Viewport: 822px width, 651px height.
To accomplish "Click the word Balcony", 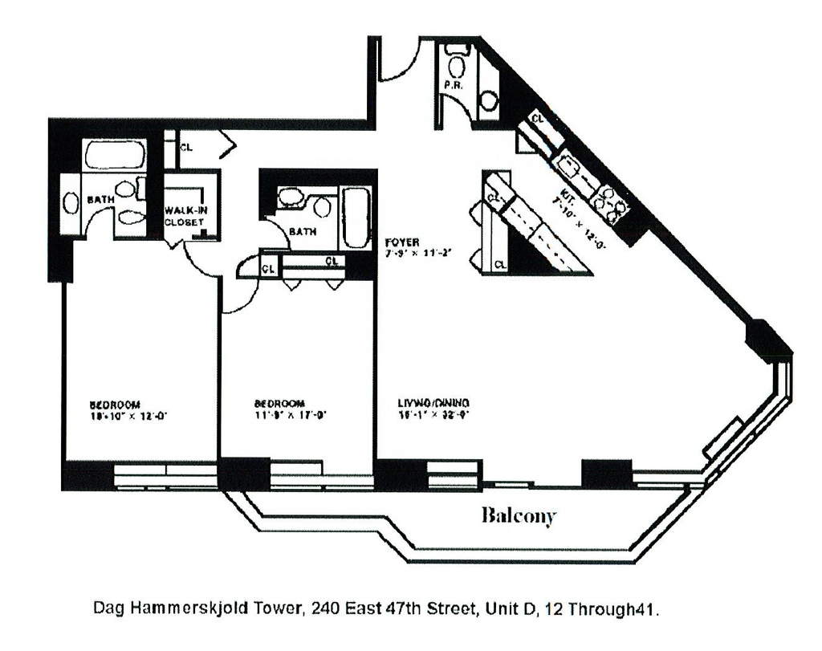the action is tap(518, 515).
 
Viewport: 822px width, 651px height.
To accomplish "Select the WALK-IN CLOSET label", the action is tap(185, 216).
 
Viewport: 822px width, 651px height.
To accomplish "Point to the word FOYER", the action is tap(399, 242).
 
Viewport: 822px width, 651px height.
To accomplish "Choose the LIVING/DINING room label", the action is tap(433, 402).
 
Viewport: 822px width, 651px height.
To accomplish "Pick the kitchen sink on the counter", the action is tap(572, 168).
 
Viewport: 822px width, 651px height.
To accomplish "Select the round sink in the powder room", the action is tap(489, 100).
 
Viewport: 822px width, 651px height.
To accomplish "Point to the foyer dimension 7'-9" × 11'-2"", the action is tap(419, 254).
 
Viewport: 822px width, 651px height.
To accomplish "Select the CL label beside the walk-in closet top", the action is tap(186, 147).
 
